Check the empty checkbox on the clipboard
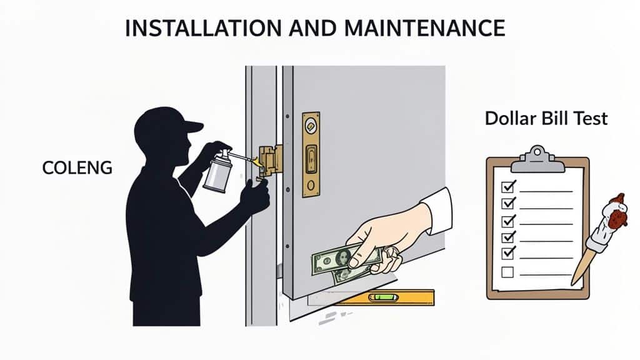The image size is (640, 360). (507, 272)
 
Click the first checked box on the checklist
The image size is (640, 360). (509, 187)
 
